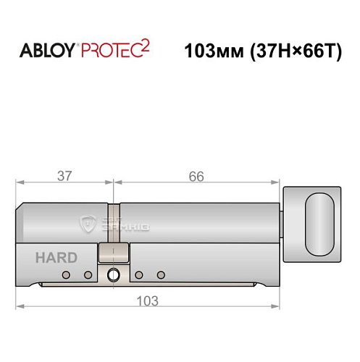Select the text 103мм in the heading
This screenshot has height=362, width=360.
(209, 52)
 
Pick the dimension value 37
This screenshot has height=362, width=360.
(63, 176)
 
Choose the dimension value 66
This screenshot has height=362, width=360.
(196, 176)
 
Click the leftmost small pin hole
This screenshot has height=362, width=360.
(66, 275)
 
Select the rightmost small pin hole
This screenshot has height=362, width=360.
(160, 275)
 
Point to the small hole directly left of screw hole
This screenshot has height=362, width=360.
(88, 275)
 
